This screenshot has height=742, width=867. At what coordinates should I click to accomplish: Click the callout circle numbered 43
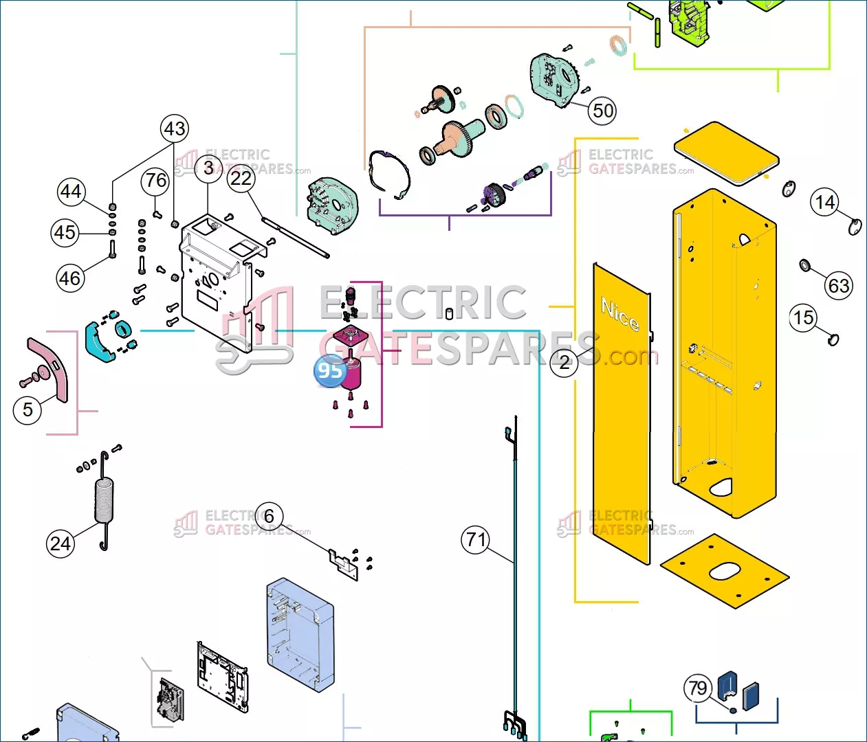[x=175, y=128]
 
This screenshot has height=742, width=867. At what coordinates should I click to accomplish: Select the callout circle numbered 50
[x=602, y=111]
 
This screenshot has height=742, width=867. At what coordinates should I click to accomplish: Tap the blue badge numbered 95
[x=330, y=370]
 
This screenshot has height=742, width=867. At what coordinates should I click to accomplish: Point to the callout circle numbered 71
[x=476, y=539]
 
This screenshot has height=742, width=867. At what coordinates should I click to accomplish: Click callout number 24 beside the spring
[x=61, y=543]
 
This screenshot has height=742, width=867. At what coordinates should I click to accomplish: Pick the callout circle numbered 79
[x=698, y=688]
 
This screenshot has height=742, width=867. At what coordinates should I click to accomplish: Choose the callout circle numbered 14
[x=824, y=203]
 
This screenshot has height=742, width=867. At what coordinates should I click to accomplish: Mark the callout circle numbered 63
[x=839, y=286]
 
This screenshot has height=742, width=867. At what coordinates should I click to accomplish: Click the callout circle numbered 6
[x=269, y=516]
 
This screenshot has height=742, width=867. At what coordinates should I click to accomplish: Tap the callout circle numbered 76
[x=155, y=181]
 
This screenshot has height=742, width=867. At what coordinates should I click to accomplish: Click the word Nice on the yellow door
[x=620, y=314]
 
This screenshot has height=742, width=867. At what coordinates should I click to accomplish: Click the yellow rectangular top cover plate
[x=727, y=153]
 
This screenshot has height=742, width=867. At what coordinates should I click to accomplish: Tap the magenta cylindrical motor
[x=351, y=374]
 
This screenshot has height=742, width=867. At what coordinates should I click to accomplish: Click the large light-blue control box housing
[x=300, y=635]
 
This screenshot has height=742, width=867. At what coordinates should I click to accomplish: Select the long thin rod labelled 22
[x=295, y=237]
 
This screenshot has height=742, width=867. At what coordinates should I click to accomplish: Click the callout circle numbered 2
[x=564, y=362]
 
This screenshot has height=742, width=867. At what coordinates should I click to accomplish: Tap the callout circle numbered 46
[x=69, y=278]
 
